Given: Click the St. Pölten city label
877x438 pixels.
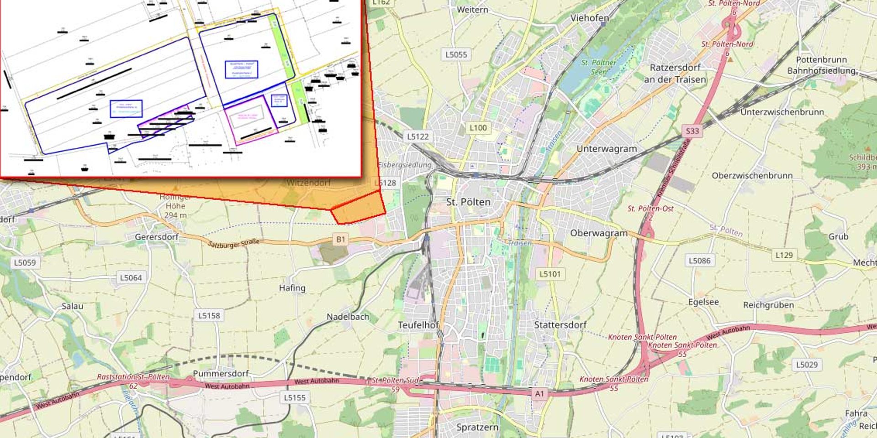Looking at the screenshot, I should (468, 202).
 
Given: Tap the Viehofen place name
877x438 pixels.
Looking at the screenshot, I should (589, 18).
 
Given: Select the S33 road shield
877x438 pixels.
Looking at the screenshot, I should (692, 131).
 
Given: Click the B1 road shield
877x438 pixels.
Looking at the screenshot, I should (340, 240).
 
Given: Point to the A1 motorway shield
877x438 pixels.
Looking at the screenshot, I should (539, 394).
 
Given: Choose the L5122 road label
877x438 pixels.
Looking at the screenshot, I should (418, 136).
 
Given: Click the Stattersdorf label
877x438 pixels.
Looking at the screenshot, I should (560, 325).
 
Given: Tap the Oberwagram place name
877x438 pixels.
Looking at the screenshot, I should (599, 233).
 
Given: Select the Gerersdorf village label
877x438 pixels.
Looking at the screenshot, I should (157, 237).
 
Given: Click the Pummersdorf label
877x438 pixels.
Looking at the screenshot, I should (221, 374).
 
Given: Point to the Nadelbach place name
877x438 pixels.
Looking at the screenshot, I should (348, 317).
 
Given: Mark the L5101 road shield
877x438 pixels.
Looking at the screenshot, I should (549, 274).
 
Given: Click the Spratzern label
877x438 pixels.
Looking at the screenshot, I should (477, 427).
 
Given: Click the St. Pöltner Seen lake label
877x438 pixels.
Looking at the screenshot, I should (598, 67).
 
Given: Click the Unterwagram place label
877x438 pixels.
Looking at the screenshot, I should (606, 149).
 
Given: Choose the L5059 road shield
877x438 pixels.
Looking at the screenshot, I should (25, 263).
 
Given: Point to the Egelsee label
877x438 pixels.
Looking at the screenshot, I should (703, 302).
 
